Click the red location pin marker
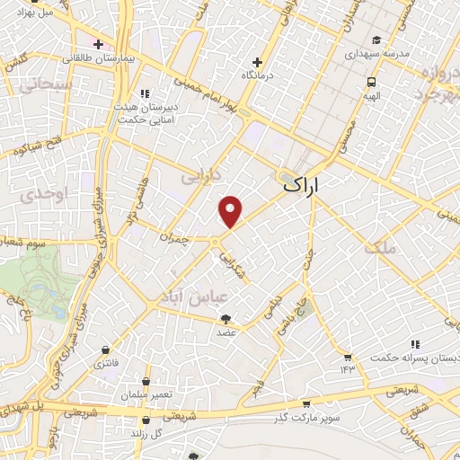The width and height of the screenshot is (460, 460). (x=232, y=211)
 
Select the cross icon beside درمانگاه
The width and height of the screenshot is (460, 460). (x=258, y=63)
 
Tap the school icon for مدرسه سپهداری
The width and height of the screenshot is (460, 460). (x=378, y=40)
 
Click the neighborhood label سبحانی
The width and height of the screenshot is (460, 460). (x=37, y=85)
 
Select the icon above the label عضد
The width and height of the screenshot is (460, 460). (x=226, y=318)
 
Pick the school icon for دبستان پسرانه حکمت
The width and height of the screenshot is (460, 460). (x=414, y=344)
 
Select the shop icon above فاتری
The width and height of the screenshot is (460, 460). (x=107, y=349)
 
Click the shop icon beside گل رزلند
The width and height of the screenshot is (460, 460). (x=146, y=420)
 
